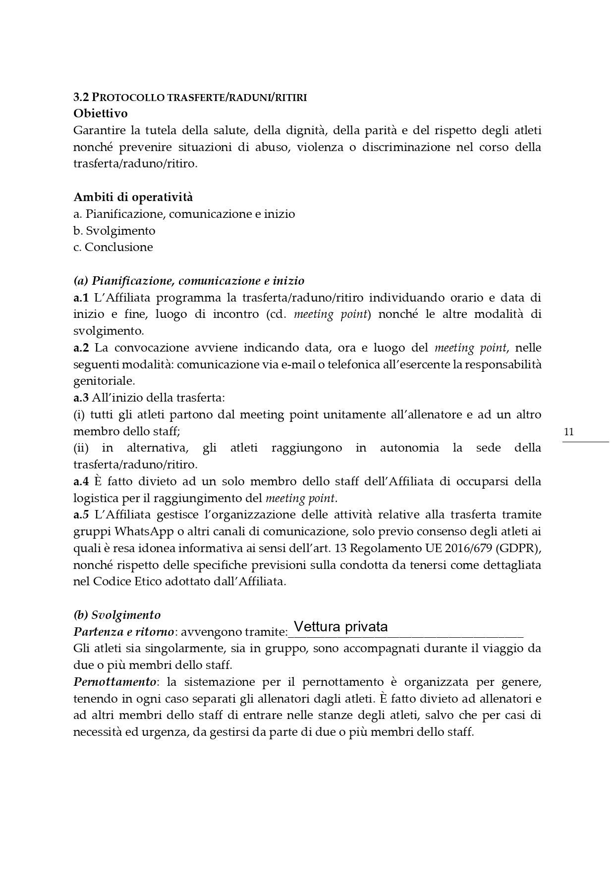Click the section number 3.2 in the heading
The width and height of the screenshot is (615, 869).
point(81,98)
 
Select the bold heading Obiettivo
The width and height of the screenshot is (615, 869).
point(101,113)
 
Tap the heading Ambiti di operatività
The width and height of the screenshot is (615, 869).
point(133,197)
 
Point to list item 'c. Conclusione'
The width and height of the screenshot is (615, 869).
point(113,247)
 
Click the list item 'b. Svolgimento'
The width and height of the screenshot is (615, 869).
point(114,231)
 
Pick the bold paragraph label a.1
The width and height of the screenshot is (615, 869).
point(81,298)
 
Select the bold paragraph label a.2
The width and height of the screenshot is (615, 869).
point(81,348)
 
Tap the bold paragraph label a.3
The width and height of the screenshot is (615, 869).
point(81,398)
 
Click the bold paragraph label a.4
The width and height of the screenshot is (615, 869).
point(81,481)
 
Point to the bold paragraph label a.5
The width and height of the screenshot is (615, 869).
point(81,514)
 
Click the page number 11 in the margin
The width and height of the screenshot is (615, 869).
point(569,432)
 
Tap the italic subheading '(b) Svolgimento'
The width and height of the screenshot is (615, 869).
point(117,615)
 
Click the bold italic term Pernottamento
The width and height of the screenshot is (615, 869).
point(114,682)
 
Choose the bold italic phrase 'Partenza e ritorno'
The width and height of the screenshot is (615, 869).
point(123,632)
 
